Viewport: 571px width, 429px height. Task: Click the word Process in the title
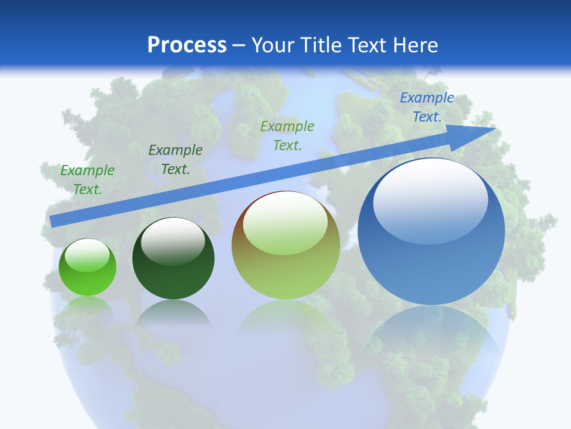[x=187, y=45]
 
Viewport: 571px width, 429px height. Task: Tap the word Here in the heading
[x=416, y=45]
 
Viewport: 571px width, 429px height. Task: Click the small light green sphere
[x=87, y=267]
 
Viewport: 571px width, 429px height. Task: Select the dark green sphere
[x=173, y=259]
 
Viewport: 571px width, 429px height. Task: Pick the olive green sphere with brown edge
[x=285, y=245]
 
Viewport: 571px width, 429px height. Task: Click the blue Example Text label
[x=426, y=107]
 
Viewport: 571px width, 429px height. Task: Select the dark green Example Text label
[x=175, y=160]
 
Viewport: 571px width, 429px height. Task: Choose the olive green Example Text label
[x=287, y=135]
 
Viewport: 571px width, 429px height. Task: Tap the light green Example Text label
[x=87, y=179]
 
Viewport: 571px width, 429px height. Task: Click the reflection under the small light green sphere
[x=87, y=307]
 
